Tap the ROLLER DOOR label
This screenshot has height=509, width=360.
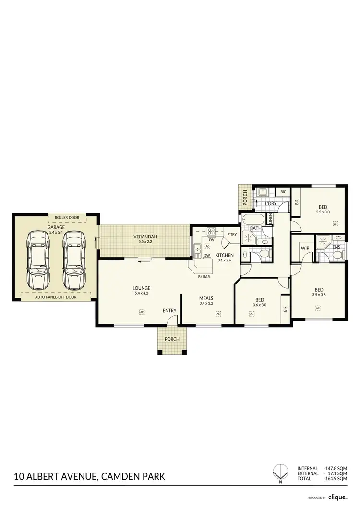click(x=67, y=217)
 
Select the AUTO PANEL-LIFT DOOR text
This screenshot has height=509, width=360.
click(x=56, y=297)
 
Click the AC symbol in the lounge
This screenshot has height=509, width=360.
click(x=142, y=312)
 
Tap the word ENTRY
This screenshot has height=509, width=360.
click(x=169, y=311)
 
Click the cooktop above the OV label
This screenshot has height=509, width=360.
click(x=211, y=230)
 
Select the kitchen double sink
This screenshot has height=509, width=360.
click(x=197, y=249)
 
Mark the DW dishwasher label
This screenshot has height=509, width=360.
click(x=207, y=256)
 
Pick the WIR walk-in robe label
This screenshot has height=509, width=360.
click(x=304, y=249)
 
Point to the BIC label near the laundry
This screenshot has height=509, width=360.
click(x=283, y=192)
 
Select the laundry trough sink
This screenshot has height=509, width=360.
click(x=263, y=193)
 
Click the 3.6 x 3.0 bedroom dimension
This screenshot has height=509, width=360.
click(x=259, y=305)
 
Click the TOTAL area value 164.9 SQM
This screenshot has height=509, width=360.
click(x=336, y=479)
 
